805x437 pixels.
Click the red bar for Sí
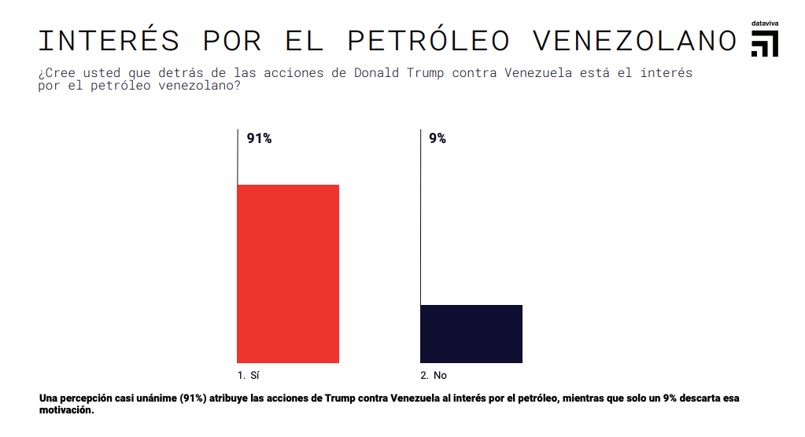click(288, 274)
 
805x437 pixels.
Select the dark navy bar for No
click(471, 333)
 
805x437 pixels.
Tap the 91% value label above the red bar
click(259, 139)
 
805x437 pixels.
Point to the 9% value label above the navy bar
click(438, 139)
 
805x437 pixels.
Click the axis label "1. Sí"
click(248, 375)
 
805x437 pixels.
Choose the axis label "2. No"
click(434, 375)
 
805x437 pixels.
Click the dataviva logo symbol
click(764, 45)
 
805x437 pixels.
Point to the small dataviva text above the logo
click(764, 24)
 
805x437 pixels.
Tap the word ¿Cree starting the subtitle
click(57, 73)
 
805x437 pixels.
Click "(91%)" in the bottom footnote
click(193, 398)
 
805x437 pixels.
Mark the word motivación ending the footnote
click(66, 410)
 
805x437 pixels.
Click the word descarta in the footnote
click(697, 398)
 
